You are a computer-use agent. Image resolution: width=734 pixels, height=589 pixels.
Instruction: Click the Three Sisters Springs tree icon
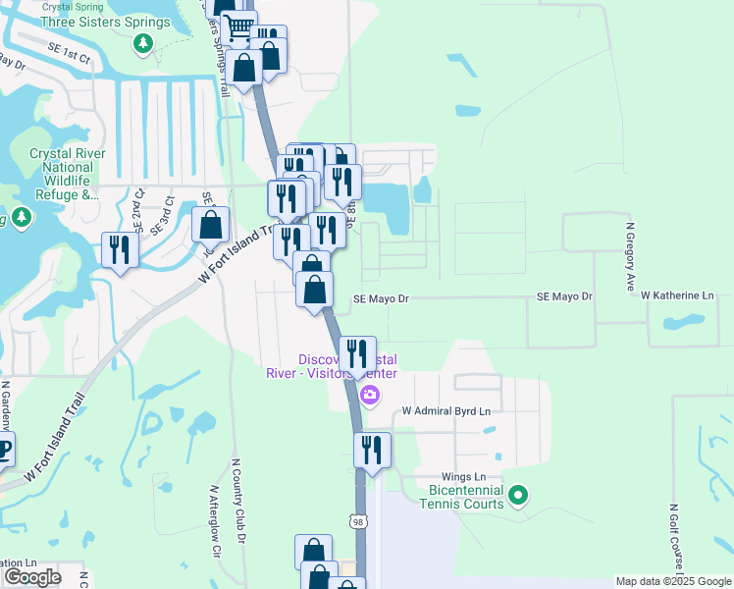click(143, 43)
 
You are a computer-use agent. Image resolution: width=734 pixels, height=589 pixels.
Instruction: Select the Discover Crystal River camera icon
click(370, 396)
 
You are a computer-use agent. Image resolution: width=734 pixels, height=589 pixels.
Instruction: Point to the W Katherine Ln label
click(677, 295)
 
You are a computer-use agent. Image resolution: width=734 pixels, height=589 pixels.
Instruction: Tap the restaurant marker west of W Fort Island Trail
click(119, 249)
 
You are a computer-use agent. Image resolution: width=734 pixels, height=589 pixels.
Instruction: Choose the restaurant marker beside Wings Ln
click(372, 450)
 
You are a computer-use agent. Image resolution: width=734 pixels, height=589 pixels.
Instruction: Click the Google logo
click(32, 577)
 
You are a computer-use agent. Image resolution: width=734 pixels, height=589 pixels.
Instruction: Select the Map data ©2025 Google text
click(672, 581)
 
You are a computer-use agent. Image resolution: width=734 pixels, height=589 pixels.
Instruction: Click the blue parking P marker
click(4, 451)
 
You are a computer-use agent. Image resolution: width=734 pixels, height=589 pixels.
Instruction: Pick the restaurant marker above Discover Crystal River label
click(357, 353)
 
